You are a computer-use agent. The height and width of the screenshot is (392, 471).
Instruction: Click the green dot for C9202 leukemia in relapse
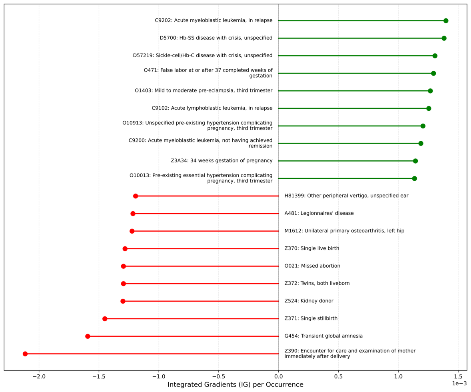coord(446,21)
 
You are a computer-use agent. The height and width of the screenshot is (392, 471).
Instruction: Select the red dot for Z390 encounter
coord(25,354)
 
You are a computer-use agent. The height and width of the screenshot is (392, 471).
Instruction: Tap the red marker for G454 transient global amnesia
coord(88,336)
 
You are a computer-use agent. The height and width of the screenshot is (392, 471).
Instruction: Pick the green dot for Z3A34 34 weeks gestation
coord(415,161)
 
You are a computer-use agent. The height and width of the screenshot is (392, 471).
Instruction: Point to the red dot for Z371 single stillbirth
coord(105,319)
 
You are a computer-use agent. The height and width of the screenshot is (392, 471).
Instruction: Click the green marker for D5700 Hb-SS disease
coord(444,38)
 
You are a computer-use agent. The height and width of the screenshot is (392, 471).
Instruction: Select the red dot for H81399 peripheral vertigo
coord(136,196)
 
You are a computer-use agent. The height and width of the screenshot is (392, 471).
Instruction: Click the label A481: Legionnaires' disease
coord(319,214)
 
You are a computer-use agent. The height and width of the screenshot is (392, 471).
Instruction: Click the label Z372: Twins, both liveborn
coord(317,284)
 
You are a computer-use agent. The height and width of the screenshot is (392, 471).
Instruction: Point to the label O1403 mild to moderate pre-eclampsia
coord(204,91)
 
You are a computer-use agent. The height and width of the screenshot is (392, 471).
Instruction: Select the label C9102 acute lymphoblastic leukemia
coord(212,108)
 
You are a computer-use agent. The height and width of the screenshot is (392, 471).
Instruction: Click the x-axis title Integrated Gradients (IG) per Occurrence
coord(235,385)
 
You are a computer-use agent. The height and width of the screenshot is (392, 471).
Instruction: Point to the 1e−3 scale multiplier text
coord(459,384)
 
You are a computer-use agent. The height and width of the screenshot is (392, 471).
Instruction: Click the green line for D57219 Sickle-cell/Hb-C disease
coord(356,56)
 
